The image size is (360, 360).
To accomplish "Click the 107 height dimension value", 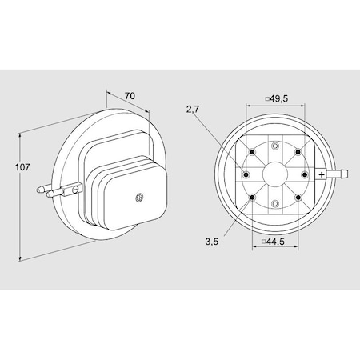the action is point(22,167).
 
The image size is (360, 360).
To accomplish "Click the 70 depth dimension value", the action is point(130,95).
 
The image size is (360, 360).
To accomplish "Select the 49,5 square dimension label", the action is point(277,98).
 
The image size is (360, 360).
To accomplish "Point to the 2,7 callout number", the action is point(193,110).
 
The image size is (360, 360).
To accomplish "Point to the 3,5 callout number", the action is point(212,242).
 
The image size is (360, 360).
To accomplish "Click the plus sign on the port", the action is point(322,174).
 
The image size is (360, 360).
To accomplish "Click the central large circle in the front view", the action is point(275,174).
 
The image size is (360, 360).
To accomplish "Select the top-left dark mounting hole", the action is point(252,152).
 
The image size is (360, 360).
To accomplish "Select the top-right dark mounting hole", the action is point(298,152).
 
